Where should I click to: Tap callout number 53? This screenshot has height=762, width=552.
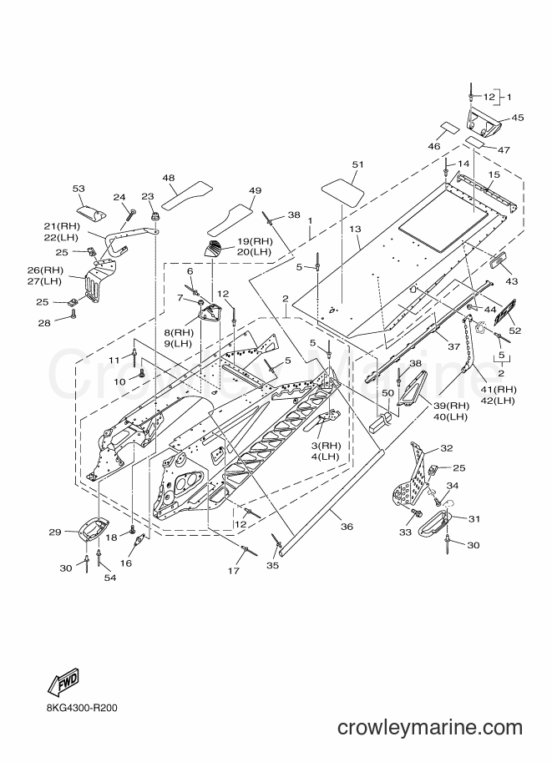click(x=78, y=188)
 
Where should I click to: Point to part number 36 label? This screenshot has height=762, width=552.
click(x=347, y=527)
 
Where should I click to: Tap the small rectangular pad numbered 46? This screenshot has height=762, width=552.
click(x=449, y=129)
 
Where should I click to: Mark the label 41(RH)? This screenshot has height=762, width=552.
click(x=499, y=389)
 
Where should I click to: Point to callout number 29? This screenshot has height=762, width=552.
click(x=55, y=532)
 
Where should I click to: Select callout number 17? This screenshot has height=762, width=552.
click(x=234, y=571)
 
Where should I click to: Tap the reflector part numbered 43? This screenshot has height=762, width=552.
click(x=498, y=262)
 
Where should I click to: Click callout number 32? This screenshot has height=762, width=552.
click(x=446, y=448)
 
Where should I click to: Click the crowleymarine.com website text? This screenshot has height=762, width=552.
click(x=430, y=728)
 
